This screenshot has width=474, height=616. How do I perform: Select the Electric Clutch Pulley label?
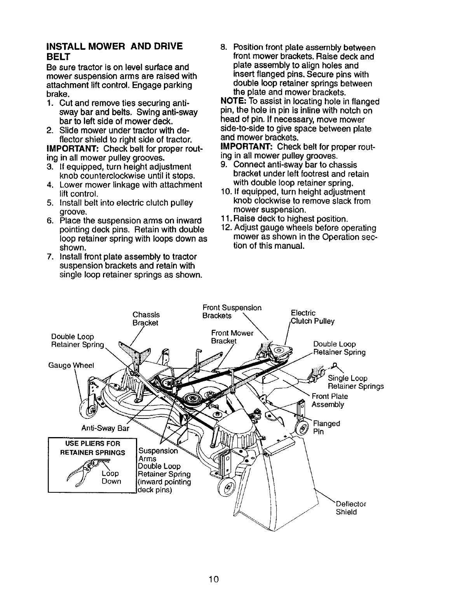(312, 317)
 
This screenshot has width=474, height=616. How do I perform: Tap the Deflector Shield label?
(350, 508)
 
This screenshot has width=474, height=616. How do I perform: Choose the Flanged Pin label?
(326, 427)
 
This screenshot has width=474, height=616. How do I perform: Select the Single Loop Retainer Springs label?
(355, 382)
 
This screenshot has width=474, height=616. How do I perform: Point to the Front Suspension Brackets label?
(232, 311)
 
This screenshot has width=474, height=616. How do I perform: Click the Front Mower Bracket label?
(232, 337)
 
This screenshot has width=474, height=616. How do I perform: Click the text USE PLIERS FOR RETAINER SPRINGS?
(92, 448)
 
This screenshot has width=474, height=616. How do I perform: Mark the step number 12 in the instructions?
(226, 228)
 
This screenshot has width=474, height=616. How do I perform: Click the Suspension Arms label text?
(158, 455)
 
